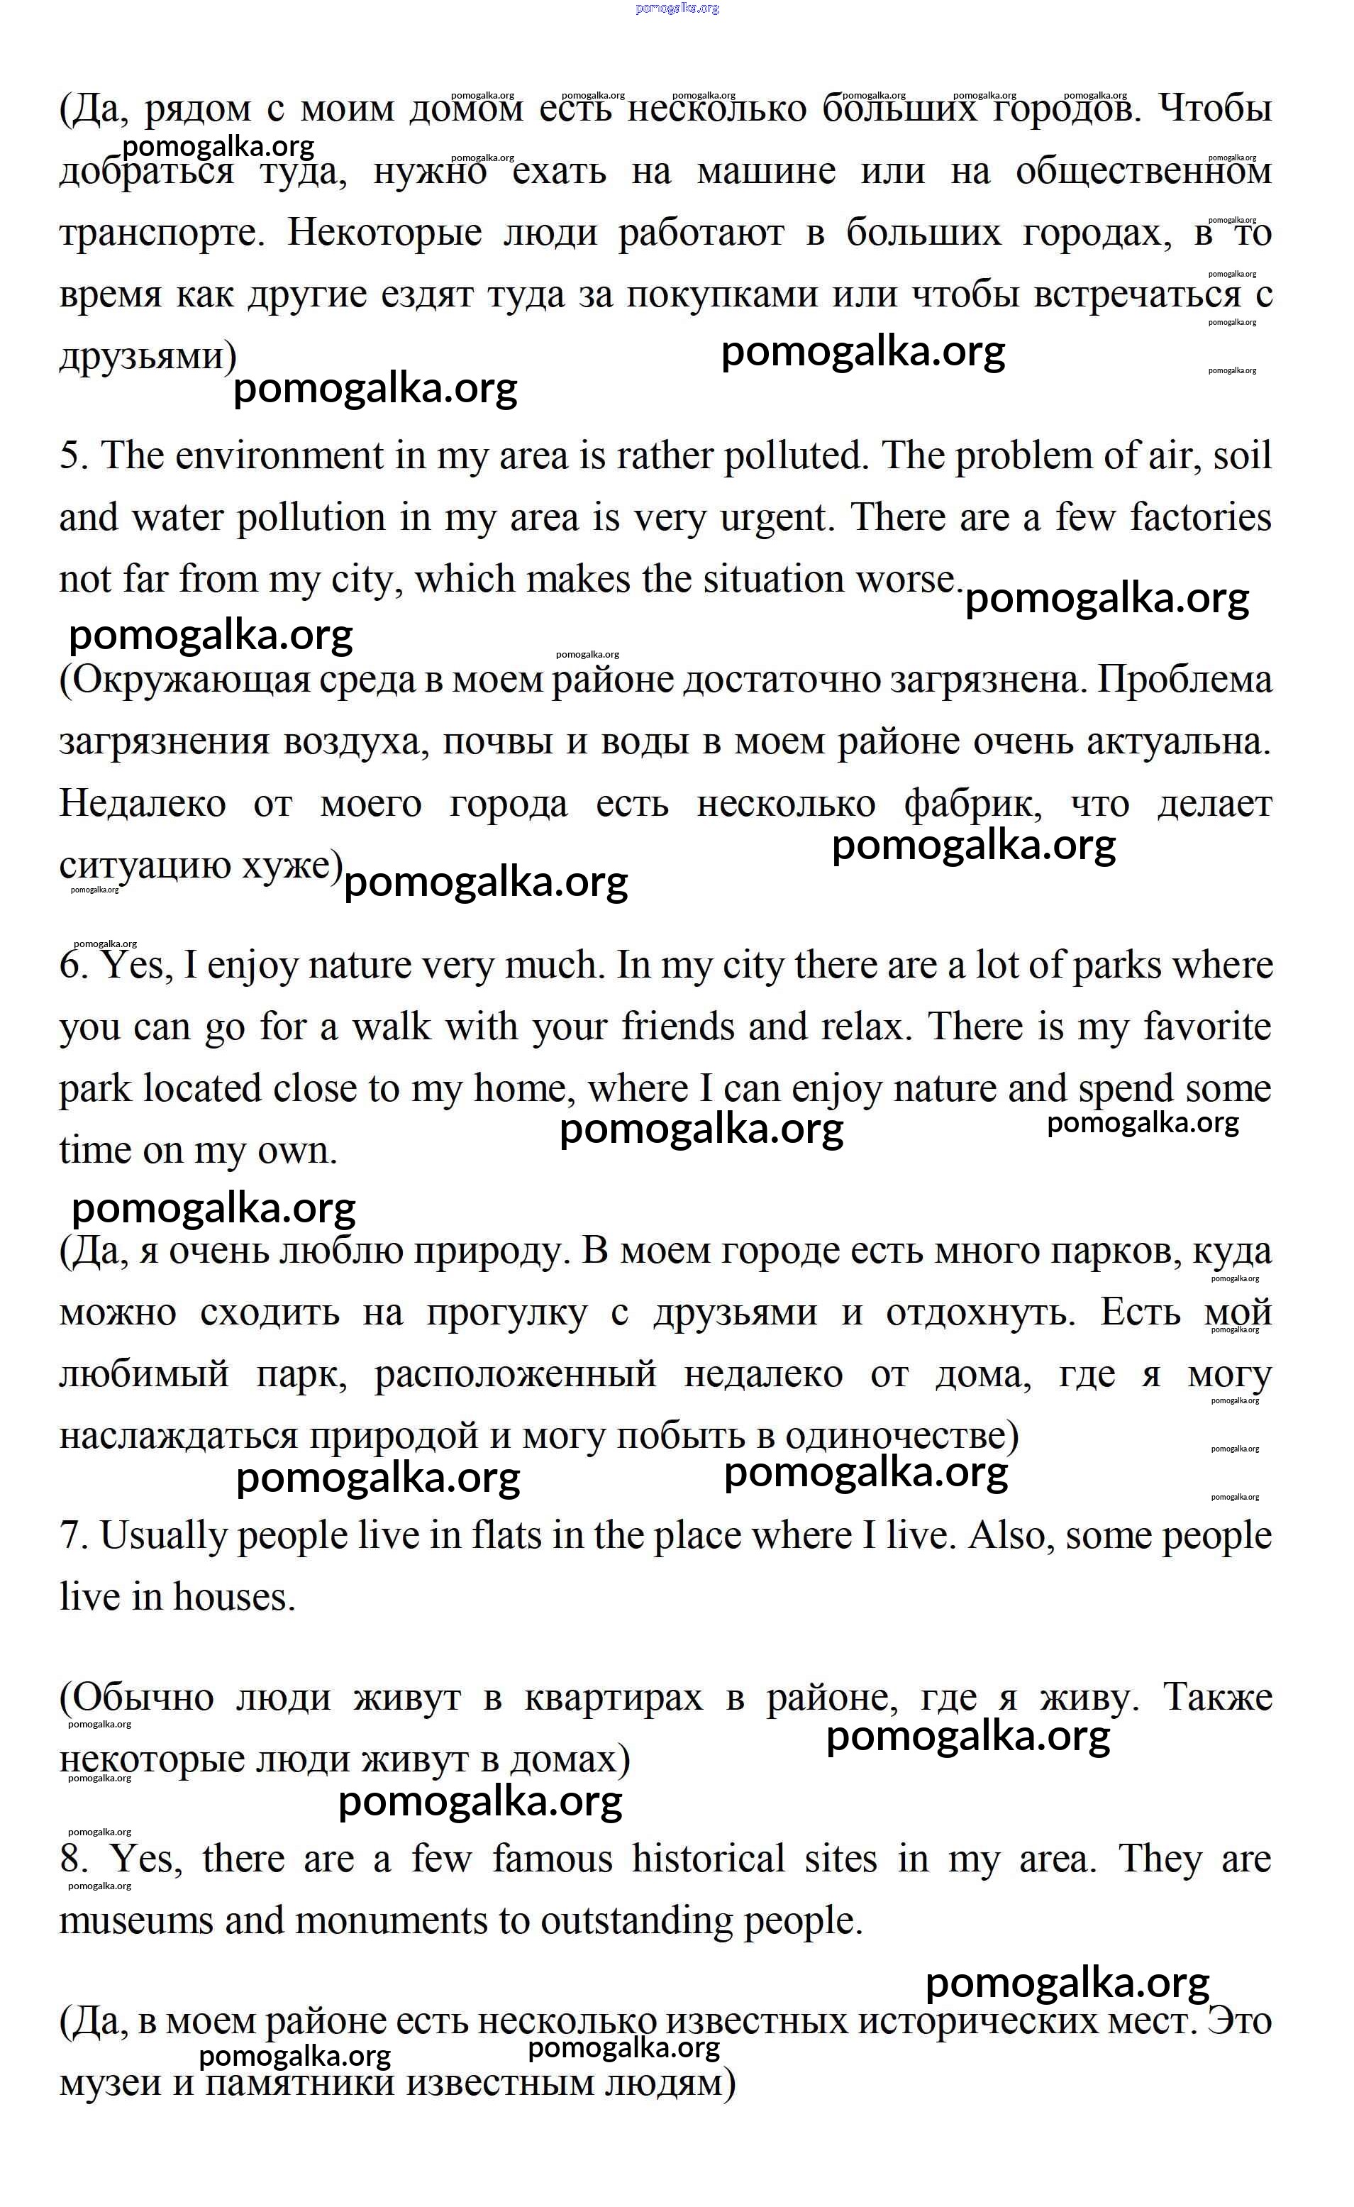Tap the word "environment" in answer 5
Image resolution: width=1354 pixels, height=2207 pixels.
click(x=279, y=456)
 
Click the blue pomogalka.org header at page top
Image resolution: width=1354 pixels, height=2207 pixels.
click(x=677, y=8)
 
